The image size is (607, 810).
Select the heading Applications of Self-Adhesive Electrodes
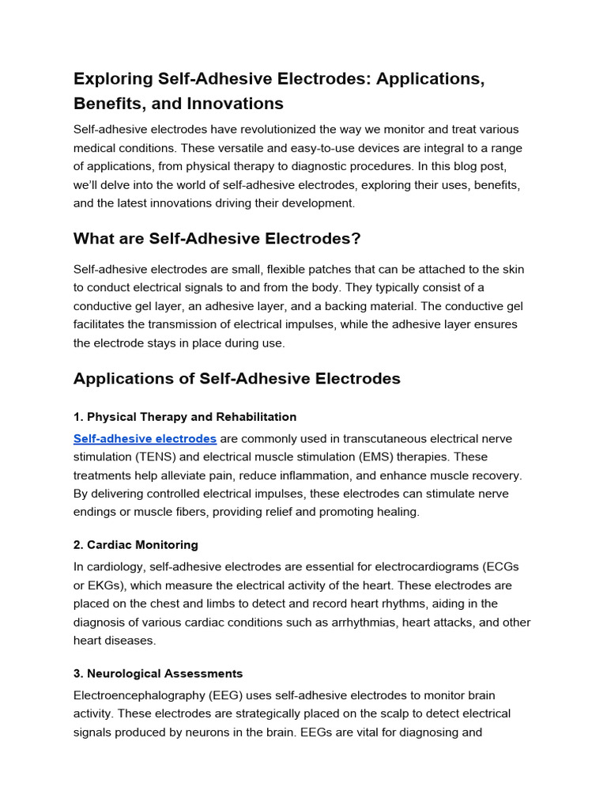[x=236, y=379]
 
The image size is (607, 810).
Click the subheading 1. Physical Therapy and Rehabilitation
[x=185, y=417]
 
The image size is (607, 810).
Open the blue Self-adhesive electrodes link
[x=145, y=438]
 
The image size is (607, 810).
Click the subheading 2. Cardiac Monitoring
[x=136, y=545]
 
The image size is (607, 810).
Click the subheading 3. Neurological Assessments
[x=158, y=674]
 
